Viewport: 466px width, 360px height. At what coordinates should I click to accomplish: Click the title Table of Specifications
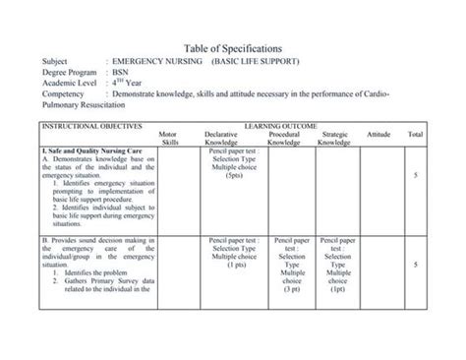point(233,48)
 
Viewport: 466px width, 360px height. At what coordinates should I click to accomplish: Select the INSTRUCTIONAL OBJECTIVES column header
point(91,126)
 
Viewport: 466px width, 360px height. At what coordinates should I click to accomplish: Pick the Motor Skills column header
point(168,138)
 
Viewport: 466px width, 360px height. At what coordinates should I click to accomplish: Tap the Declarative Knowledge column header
point(221,138)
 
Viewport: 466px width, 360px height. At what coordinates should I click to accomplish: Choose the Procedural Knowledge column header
point(283,138)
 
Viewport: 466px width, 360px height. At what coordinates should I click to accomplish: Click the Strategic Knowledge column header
point(334,138)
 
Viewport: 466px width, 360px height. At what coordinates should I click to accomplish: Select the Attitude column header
point(378,133)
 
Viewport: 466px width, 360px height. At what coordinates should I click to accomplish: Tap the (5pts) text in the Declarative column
point(234,175)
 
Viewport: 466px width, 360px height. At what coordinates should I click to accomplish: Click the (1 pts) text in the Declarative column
point(235,265)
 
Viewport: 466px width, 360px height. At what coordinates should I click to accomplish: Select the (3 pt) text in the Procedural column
point(291,290)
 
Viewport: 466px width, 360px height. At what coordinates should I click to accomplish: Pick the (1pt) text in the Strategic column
point(338,290)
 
